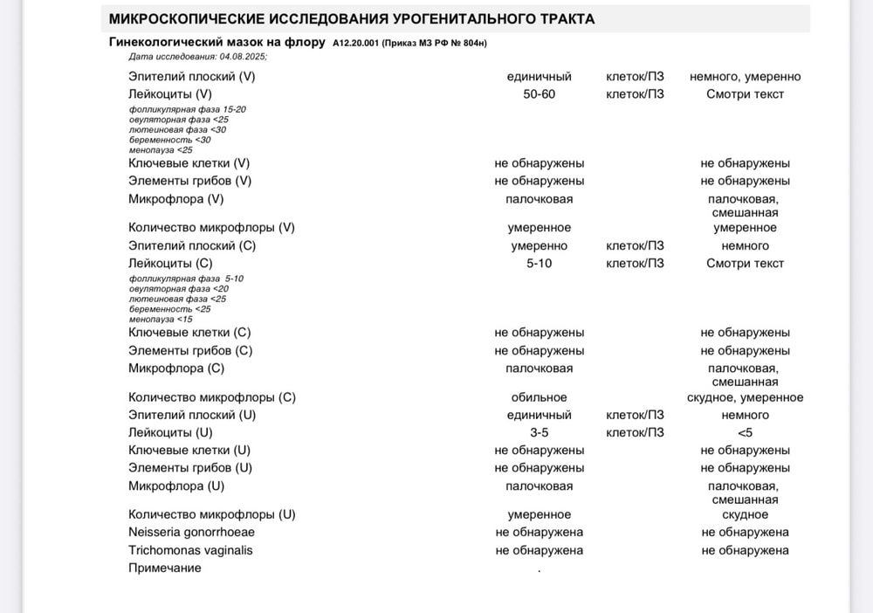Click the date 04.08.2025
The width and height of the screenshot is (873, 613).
coord(244,56)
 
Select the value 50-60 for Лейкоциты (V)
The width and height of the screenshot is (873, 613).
coord(539,94)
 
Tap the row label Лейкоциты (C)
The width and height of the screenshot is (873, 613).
coord(170,263)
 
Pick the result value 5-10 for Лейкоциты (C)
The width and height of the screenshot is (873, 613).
coord(539,263)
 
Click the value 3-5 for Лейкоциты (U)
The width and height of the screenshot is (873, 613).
coord(539,432)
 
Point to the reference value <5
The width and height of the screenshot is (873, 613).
coord(745,432)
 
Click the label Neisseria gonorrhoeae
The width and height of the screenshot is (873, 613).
coord(191,532)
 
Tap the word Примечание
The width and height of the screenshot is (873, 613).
coord(165,568)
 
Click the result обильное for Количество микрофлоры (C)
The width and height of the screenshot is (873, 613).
coord(539,397)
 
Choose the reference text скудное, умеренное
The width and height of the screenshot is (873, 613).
coord(745,397)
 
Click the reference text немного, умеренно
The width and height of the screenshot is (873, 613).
coord(745,77)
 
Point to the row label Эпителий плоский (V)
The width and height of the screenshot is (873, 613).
coord(192,77)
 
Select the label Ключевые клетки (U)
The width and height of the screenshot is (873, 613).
coord(189,450)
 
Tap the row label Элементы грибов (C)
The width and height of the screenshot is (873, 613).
coord(190,350)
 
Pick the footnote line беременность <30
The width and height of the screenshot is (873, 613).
coord(169,140)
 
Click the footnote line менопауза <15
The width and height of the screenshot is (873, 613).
coord(161,319)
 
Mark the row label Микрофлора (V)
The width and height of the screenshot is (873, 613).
coord(176,199)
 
